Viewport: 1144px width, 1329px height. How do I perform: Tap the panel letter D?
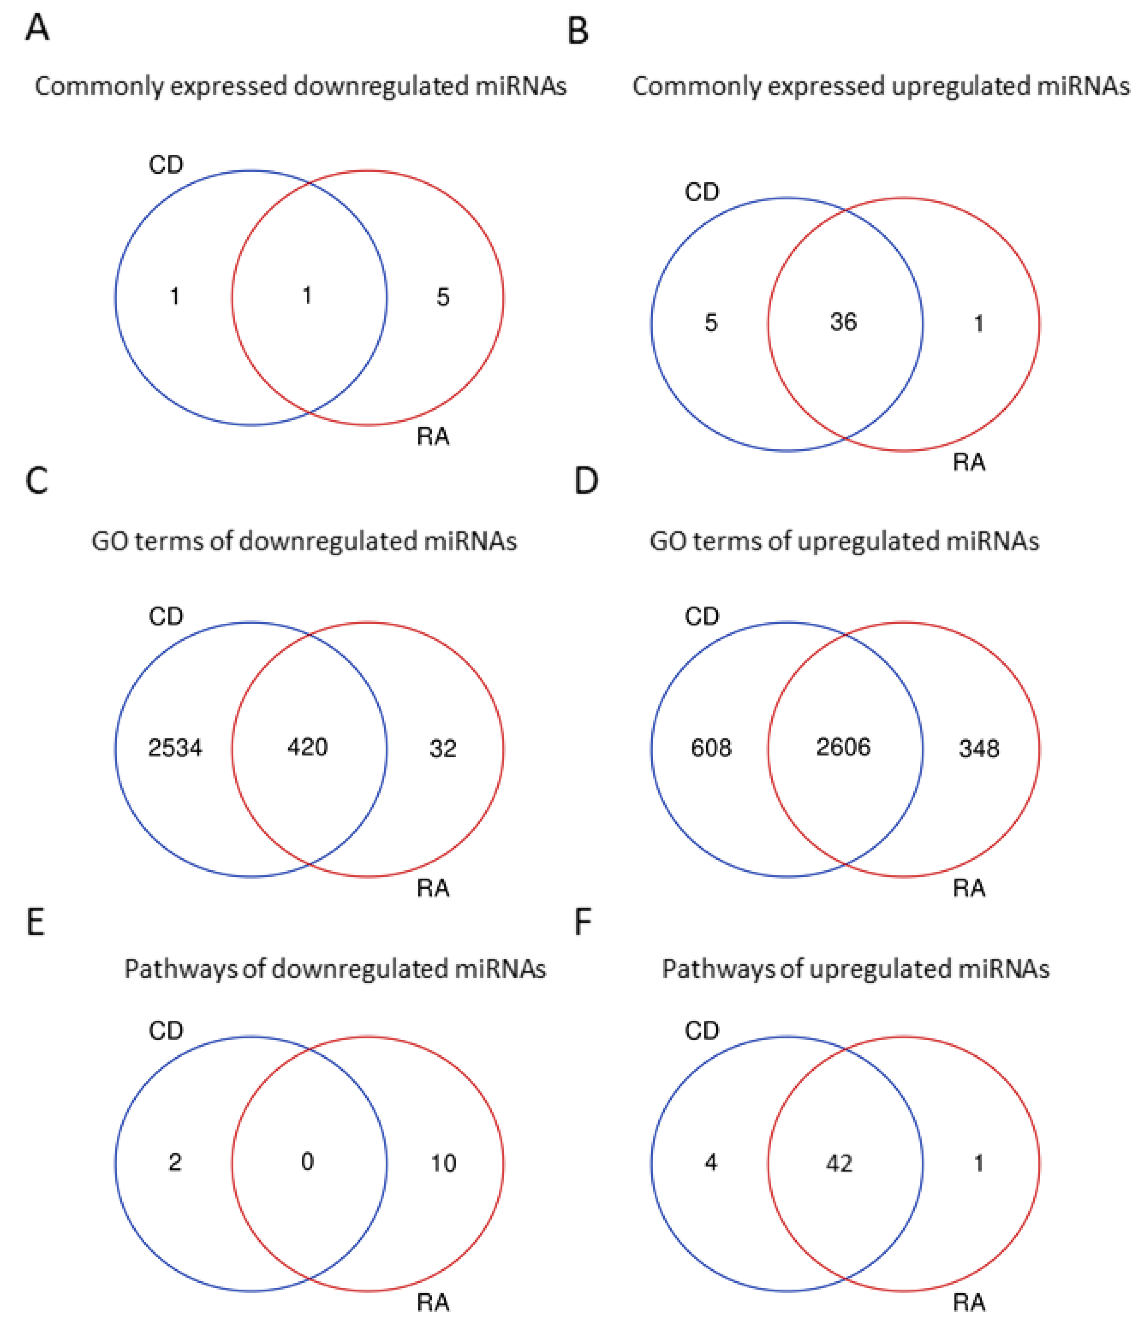[x=586, y=481]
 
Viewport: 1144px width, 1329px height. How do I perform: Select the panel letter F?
[x=582, y=922]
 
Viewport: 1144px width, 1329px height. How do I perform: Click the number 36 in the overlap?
[x=843, y=322]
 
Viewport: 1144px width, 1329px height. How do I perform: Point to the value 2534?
[x=175, y=748]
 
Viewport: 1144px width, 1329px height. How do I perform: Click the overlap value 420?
[x=308, y=747]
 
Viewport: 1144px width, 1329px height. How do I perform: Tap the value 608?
[x=711, y=748]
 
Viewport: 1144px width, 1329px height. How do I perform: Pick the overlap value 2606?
[x=843, y=747]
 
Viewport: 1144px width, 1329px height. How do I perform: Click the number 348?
[x=979, y=749]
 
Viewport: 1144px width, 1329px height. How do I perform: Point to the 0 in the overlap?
[x=308, y=1162]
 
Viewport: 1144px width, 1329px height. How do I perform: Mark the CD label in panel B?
[x=702, y=192]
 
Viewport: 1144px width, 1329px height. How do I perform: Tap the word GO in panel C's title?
[x=110, y=541]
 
